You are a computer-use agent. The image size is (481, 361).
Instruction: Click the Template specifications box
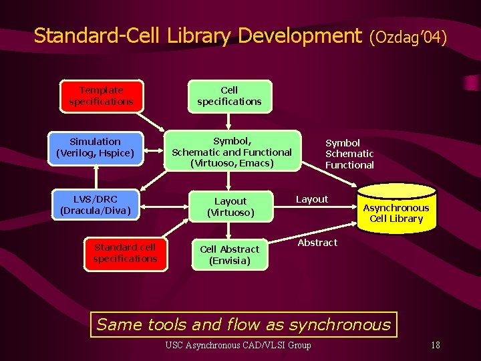coord(101,96)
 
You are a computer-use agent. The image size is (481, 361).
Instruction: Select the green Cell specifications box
coord(229,96)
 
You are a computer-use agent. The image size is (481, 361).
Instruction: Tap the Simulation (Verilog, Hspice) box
coord(96,147)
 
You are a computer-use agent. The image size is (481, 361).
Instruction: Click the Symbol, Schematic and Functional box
coord(232,152)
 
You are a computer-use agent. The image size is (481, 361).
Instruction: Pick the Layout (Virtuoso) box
coord(230,207)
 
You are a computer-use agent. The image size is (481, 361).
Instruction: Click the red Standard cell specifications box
coord(125,253)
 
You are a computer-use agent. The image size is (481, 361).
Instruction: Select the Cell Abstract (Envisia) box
coord(229,255)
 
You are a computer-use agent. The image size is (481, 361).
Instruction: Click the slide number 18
coord(435,345)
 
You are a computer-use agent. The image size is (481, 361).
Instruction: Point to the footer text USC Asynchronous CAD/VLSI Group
coord(238,345)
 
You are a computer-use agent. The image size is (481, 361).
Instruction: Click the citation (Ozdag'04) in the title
coord(408,37)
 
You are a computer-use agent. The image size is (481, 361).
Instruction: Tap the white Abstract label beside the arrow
coord(317,243)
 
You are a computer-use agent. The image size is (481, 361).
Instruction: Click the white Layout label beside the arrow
coord(312,199)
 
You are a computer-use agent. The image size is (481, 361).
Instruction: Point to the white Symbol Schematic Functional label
coord(349,154)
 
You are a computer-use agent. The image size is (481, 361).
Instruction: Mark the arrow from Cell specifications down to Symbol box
coord(229,121)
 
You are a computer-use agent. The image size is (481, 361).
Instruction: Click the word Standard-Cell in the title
coord(93,35)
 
